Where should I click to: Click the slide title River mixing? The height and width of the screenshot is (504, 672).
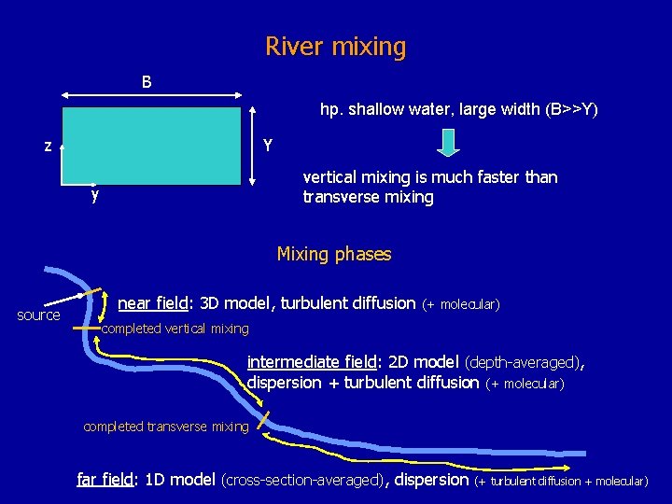(336, 46)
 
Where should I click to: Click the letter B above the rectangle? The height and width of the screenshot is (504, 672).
(147, 82)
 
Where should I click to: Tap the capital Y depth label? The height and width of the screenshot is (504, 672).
(268, 145)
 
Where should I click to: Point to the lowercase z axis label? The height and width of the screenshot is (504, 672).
(47, 146)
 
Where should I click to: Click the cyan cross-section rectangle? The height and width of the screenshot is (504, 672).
(151, 145)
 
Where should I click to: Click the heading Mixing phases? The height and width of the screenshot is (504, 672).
(334, 254)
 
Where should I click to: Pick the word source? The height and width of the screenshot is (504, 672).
(38, 315)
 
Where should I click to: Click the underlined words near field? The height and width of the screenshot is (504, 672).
(154, 302)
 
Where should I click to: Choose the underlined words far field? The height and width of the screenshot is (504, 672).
(105, 480)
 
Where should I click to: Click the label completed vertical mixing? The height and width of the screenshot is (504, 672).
(175, 329)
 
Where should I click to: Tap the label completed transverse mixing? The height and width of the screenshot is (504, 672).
(166, 427)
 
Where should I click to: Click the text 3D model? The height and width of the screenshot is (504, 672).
(232, 302)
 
